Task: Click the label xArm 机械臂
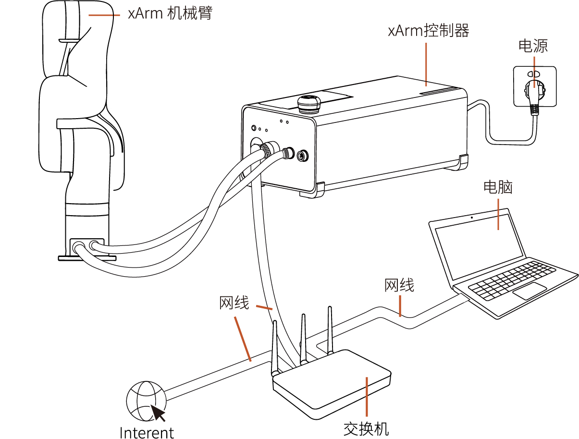170,13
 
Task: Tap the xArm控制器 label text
428,31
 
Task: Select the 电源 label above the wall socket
533,46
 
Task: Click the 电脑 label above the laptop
498,187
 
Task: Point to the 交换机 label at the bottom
366,428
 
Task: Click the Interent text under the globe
147,432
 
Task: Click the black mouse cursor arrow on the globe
158,413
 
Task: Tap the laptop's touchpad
529,291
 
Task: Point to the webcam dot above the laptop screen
472,218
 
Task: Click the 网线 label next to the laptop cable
399,285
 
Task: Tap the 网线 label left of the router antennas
234,304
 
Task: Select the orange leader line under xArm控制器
426,64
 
